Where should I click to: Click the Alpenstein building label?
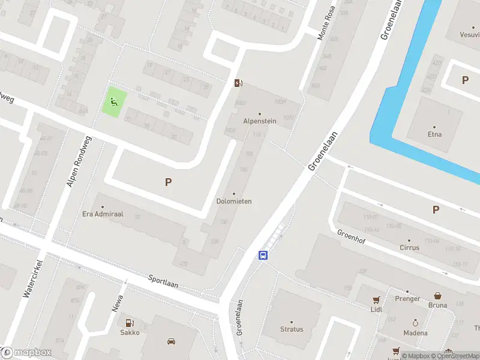[x=259, y=121]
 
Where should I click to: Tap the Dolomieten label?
[x=234, y=201]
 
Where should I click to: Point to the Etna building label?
[x=434, y=134]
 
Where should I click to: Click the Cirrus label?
[x=409, y=247]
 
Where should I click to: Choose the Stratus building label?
[x=292, y=329]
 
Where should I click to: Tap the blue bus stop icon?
[x=263, y=255]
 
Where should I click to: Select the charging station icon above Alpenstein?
[x=238, y=83]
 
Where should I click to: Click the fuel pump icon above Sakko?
[x=130, y=323]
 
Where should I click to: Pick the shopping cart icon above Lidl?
[x=376, y=299]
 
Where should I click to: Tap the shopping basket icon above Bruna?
[x=438, y=296]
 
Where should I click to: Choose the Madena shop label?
[x=415, y=333]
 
